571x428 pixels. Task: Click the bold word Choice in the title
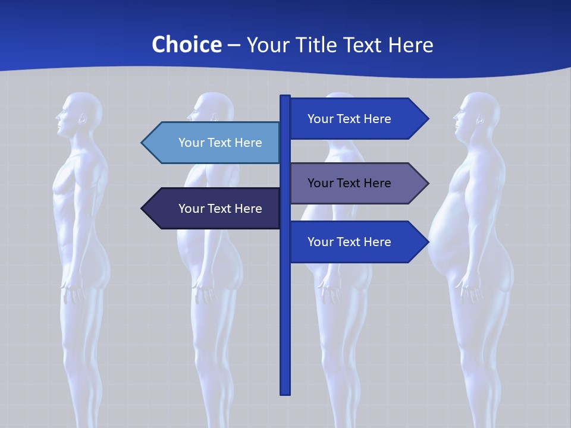click(186, 45)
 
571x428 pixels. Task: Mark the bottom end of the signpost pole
click(285, 392)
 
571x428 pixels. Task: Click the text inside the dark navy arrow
click(220, 209)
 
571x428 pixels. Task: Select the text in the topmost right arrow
click(349, 119)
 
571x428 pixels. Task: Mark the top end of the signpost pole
click(285, 97)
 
